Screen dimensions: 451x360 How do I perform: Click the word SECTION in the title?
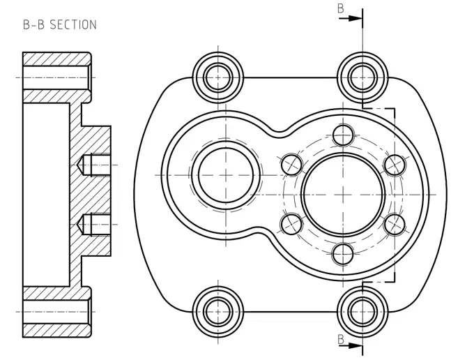(73, 24)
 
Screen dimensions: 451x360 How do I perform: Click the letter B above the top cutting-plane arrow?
(341, 8)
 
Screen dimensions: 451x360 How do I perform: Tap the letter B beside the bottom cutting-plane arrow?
(341, 340)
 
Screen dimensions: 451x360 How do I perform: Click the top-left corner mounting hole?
(218, 77)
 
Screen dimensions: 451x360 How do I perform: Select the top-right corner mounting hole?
(362, 77)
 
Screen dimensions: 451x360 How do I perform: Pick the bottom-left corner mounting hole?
(218, 312)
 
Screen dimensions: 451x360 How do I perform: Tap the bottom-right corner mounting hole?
(362, 312)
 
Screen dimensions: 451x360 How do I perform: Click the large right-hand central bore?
(343, 195)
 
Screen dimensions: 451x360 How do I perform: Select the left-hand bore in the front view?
(226, 175)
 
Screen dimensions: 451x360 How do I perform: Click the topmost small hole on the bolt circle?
(343, 135)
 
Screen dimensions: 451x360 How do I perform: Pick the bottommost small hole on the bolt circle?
(343, 254)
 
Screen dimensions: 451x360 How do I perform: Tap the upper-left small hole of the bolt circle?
(291, 165)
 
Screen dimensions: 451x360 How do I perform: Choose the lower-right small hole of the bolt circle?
(395, 225)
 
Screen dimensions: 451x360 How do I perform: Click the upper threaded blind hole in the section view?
(94, 165)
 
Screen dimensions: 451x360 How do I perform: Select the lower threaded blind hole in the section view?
(94, 225)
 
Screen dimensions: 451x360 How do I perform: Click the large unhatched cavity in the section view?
(46, 195)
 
